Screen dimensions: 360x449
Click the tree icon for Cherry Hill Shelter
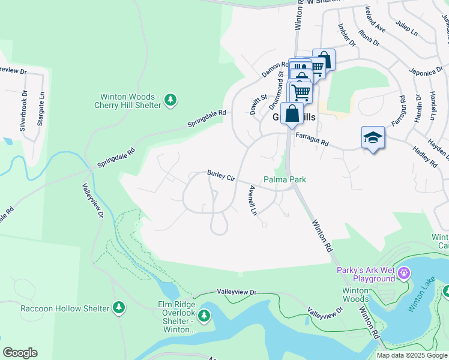coord(170,100)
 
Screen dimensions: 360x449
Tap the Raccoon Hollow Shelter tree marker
coord(119,308)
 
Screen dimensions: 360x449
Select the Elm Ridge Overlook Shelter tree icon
coord(204,315)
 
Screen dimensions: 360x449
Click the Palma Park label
coord(285,179)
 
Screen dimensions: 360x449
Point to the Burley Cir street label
coord(221,175)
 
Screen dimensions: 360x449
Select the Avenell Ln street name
coord(253,200)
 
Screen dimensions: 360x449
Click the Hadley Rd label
coord(424,157)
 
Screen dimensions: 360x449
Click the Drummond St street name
coord(280,85)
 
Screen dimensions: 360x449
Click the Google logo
coord(20,353)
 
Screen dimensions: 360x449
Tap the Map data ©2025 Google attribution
coord(411,355)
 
